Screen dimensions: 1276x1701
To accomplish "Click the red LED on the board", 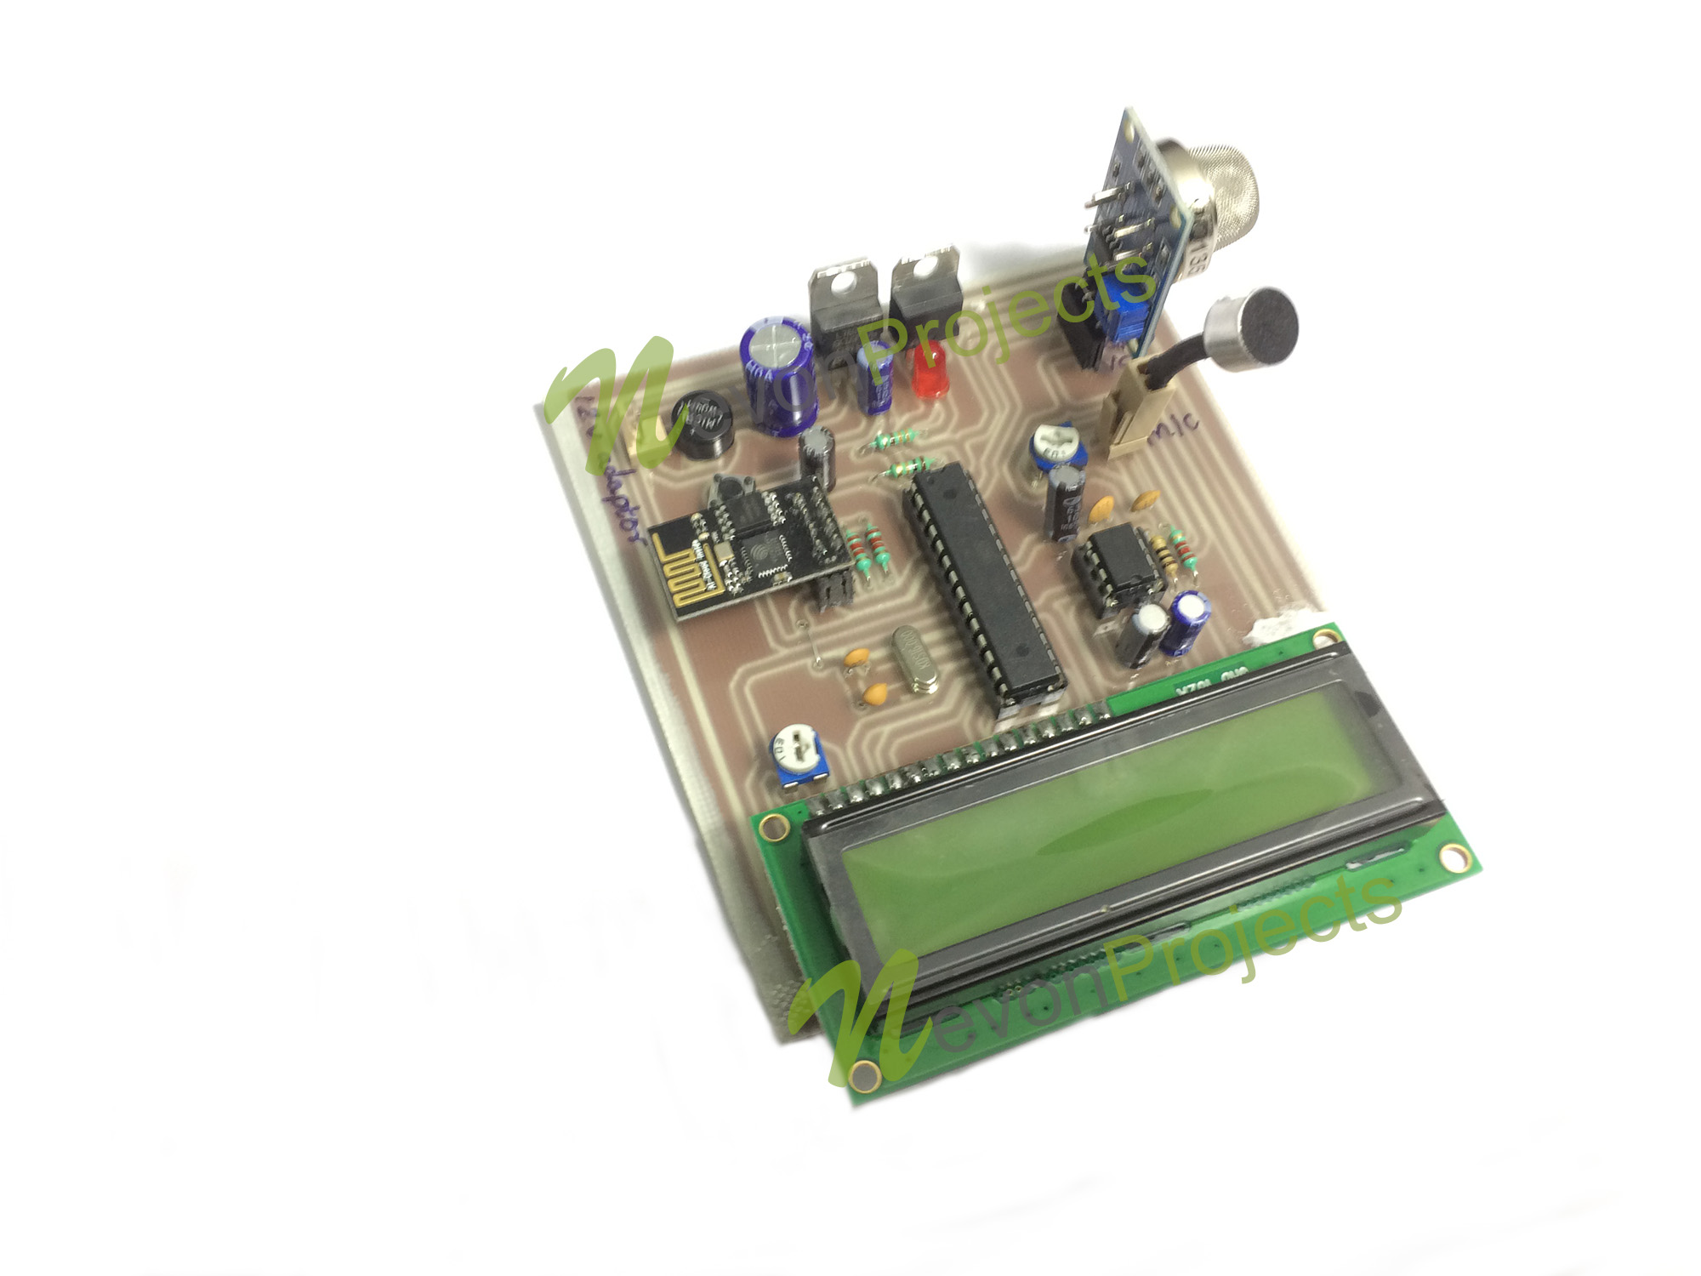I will pyautogui.click(x=930, y=371).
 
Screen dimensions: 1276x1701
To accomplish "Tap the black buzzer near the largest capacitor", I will pyautogui.click(x=703, y=424).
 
